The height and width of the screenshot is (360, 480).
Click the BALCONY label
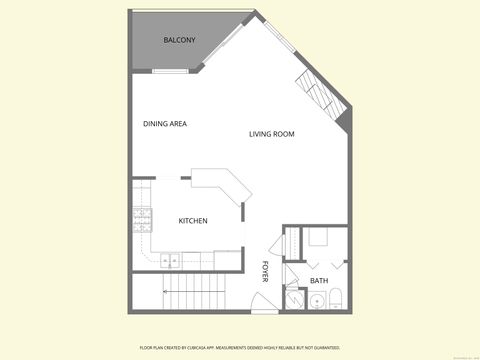click(x=179, y=40)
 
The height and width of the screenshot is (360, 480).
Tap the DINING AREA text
click(x=165, y=124)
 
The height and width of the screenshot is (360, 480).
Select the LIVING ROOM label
click(x=271, y=134)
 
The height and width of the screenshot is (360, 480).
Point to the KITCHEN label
click(x=193, y=221)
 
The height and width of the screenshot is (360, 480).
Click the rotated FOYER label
click(x=266, y=271)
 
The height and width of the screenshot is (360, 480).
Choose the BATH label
click(x=318, y=281)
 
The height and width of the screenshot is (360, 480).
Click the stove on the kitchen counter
click(x=141, y=219)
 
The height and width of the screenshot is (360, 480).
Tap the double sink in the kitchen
click(x=170, y=260)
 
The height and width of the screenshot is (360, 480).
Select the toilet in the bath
click(x=337, y=297)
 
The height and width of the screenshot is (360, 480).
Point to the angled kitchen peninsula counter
click(x=219, y=182)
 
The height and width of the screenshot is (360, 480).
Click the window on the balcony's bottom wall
click(x=169, y=72)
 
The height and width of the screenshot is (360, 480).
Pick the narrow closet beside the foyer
click(x=289, y=243)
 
